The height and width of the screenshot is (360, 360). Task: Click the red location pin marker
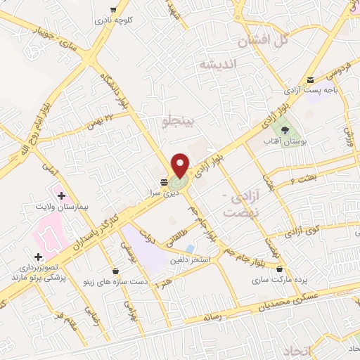click(181, 165)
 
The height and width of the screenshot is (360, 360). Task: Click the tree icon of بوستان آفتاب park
click(284, 129)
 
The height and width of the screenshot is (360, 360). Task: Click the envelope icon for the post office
click(311, 80)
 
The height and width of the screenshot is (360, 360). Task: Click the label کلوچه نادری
click(113, 20)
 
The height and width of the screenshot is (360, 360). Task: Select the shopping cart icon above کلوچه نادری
click(112, 9)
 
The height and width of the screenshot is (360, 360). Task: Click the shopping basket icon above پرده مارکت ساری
click(280, 269)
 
